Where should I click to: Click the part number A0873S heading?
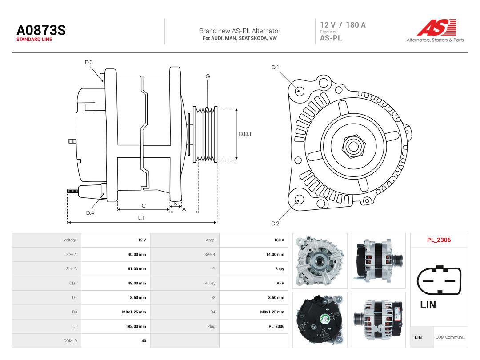pos(41,30)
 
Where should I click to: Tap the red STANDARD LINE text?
pos(34,40)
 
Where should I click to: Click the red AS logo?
pos(436,27)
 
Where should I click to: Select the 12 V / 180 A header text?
pos(343,25)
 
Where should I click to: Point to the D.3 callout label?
pos(89,63)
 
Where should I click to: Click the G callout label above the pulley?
pos(208,76)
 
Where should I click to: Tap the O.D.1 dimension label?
pos(245,134)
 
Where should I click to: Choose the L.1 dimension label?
pos(141,218)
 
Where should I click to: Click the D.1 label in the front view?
pos(275,68)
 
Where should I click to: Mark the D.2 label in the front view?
pos(275,224)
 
